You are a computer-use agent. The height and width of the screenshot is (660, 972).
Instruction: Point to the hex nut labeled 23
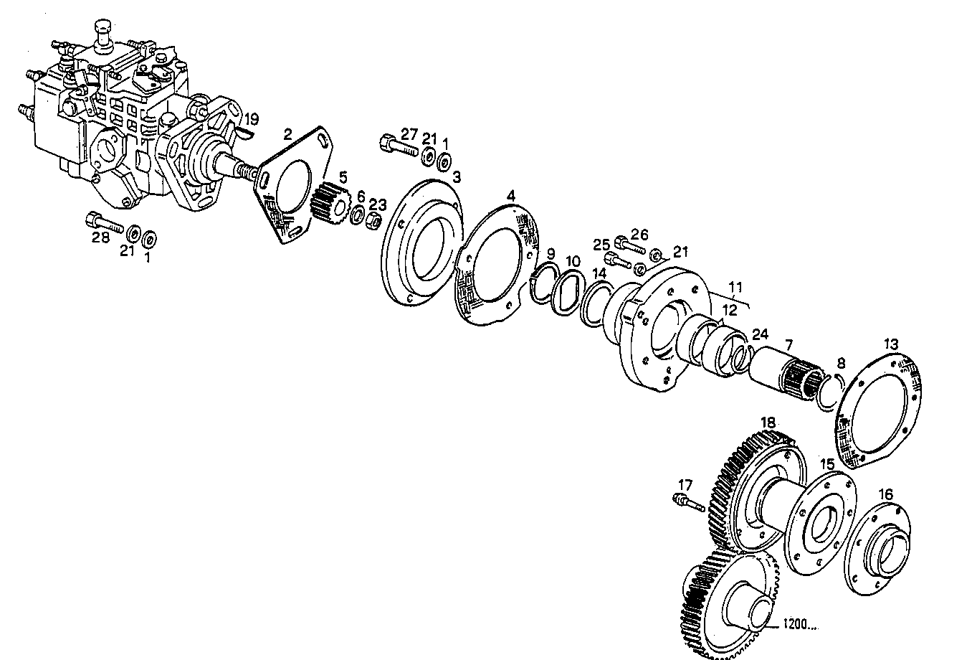[373, 221]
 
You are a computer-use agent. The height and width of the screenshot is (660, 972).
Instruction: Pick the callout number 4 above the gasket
[510, 195]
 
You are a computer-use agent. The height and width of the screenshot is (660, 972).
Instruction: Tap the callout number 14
[599, 273]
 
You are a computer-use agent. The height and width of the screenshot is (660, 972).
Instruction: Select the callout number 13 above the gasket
[890, 344]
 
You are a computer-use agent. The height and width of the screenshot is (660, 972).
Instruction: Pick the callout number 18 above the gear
[768, 423]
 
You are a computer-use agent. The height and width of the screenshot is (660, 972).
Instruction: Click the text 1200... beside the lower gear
[800, 625]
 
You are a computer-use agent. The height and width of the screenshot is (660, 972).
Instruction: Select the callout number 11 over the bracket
[735, 289]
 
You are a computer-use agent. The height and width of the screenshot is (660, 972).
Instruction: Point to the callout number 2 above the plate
[287, 133]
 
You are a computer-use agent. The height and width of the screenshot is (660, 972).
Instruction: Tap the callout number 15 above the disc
[827, 464]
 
